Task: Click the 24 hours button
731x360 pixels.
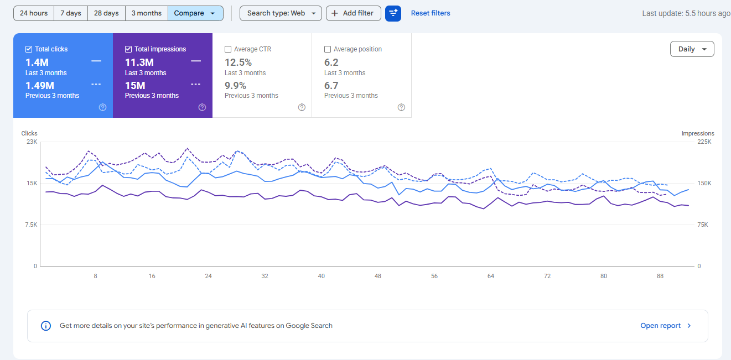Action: (34, 13)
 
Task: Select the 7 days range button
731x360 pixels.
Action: (71, 13)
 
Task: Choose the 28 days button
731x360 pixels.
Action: (106, 13)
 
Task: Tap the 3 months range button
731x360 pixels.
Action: (147, 13)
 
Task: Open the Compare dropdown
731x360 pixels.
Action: (195, 13)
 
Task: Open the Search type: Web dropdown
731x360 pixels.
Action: (281, 13)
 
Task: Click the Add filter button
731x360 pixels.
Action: (354, 13)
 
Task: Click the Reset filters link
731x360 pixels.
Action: (431, 13)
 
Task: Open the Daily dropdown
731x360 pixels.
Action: (692, 49)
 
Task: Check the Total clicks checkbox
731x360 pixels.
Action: (29, 49)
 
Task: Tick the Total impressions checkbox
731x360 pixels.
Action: (128, 49)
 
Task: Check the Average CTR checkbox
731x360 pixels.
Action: (228, 49)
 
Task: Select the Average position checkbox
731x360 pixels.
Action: (328, 49)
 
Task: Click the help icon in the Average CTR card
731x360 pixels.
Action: (302, 107)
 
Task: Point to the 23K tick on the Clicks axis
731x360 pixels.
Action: (32, 142)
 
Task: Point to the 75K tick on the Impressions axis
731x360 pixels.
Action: (703, 225)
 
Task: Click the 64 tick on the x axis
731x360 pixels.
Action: (491, 276)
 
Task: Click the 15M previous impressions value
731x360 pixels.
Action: (135, 86)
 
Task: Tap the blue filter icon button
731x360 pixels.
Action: (393, 13)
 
